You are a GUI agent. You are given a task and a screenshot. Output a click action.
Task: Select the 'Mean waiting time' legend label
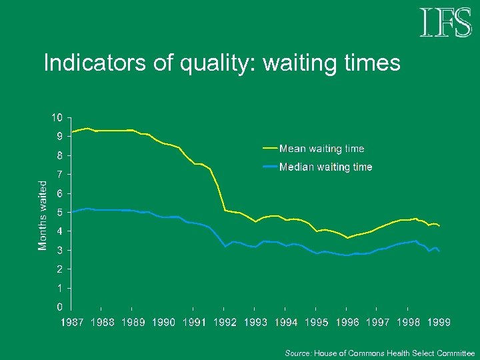pos(321,149)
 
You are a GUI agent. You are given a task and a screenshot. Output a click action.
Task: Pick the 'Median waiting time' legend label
pos(325,167)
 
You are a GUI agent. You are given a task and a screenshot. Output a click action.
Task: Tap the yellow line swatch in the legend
pos(271,149)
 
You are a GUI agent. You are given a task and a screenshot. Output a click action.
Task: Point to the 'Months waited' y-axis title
pos(43,215)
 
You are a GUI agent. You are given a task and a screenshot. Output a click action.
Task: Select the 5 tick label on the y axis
pos(59,213)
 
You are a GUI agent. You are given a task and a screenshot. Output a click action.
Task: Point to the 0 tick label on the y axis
pos(59,307)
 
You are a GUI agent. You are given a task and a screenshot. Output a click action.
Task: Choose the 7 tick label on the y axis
pos(59,175)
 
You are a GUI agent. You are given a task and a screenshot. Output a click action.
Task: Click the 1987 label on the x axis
pos(72,323)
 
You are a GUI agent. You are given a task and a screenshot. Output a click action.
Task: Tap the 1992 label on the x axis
pos(225,323)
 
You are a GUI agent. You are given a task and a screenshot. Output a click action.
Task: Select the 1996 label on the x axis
pos(347,323)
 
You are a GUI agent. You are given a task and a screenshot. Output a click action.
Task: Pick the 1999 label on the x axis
pos(438,323)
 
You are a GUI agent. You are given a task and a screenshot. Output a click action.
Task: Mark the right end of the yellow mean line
pos(439,226)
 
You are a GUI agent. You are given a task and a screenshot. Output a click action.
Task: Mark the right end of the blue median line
pos(439,251)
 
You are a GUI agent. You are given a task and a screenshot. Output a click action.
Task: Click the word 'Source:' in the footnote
pos(298,353)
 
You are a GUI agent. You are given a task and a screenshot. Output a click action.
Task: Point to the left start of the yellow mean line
pos(72,132)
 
